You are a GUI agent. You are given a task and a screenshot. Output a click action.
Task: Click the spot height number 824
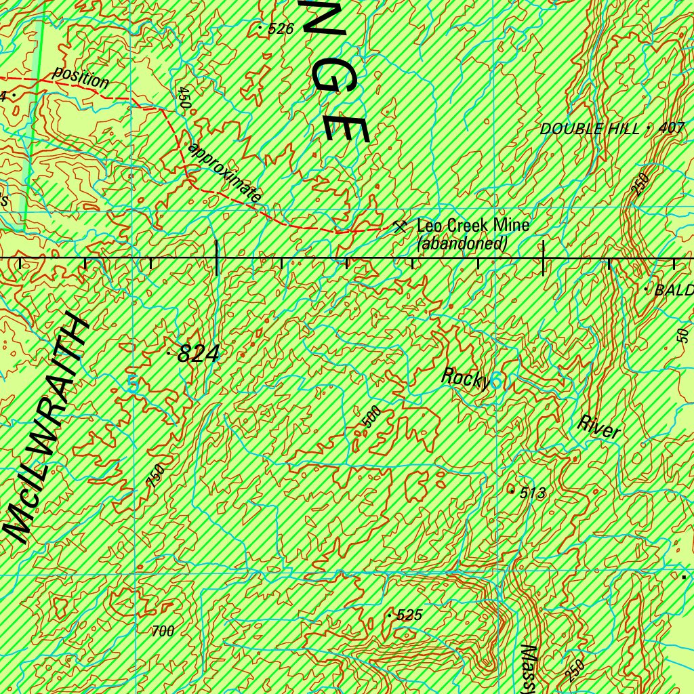point(198,354)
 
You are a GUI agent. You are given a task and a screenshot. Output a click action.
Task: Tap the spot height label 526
point(281,28)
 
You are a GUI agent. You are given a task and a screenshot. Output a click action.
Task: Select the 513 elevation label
point(533,493)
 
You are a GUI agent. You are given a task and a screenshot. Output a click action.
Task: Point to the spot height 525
point(409,615)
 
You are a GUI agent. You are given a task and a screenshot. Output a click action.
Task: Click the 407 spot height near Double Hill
point(672,127)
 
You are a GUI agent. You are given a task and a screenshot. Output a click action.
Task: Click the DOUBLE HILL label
point(590,129)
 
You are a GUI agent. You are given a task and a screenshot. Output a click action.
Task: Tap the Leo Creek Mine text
point(473,225)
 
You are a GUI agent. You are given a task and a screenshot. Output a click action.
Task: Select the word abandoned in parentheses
point(462,243)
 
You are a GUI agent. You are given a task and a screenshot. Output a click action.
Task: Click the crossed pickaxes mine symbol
point(400,226)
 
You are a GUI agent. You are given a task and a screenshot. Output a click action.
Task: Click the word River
point(599,427)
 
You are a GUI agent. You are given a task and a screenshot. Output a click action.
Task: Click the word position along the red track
point(81,78)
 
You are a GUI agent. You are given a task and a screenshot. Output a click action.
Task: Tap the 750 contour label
point(156,476)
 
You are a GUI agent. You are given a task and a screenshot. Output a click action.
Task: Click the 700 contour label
point(163,632)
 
